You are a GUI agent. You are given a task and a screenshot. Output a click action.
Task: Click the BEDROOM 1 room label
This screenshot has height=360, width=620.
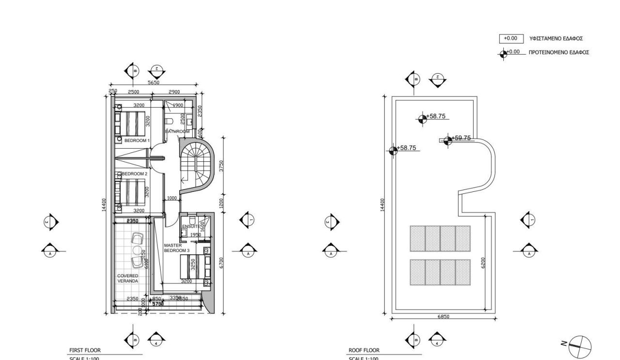(137, 140)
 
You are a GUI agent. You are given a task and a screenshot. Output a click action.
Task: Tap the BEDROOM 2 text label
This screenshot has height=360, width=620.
(134, 173)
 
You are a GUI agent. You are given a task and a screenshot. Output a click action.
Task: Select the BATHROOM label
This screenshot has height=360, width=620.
(177, 131)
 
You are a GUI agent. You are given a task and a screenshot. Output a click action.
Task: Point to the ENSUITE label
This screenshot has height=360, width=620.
(190, 226)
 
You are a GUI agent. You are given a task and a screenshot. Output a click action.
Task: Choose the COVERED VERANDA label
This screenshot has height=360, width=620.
(127, 278)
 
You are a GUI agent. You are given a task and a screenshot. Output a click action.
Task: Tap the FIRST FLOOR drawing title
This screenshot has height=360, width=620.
(85, 350)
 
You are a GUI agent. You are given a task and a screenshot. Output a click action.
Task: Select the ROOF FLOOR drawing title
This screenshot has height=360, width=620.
(364, 350)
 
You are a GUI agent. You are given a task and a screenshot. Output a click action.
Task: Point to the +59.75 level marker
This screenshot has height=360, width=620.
(461, 138)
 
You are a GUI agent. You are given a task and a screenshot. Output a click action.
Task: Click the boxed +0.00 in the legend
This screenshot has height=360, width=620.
(511, 38)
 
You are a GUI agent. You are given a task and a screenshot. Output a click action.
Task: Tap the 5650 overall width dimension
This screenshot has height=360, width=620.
(154, 83)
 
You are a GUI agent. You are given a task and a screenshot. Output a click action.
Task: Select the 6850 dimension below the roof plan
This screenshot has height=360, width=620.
(443, 316)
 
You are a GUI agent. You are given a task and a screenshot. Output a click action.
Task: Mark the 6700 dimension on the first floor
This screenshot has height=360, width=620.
(221, 263)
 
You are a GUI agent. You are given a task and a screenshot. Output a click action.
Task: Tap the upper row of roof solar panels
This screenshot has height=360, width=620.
(440, 238)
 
